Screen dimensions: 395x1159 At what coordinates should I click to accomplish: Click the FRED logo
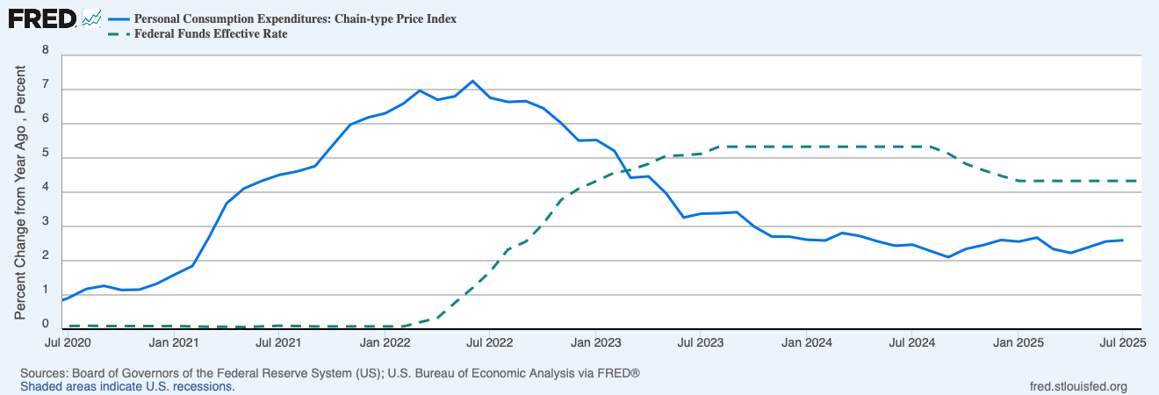tap(41, 18)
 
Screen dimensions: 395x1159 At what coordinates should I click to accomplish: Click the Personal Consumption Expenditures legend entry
tap(295, 18)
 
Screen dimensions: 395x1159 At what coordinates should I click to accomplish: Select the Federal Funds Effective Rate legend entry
tap(211, 34)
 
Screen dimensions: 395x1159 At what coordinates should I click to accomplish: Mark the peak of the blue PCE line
tap(472, 81)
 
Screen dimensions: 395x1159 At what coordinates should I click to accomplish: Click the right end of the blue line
tap(1122, 240)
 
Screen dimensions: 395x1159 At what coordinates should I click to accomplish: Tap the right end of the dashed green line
tap(1139, 181)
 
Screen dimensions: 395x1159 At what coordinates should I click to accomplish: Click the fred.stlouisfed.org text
tap(1077, 386)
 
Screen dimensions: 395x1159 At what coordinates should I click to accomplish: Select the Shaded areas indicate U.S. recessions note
tap(127, 386)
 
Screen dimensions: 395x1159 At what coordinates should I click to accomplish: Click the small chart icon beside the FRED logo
tap(91, 18)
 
